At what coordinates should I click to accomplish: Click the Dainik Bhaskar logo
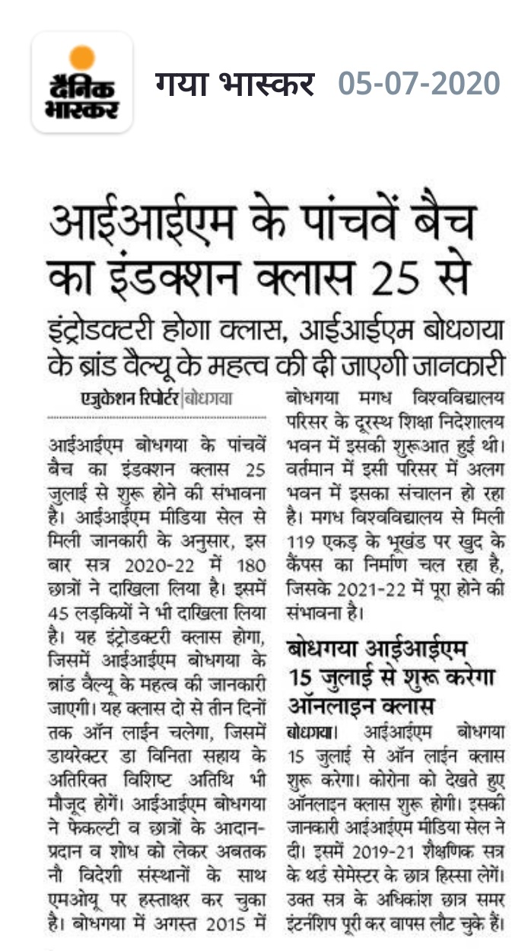coord(82,82)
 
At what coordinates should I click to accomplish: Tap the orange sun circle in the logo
coord(82,58)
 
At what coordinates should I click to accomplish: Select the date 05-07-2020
coord(419,83)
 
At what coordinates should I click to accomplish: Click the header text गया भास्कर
coord(235,83)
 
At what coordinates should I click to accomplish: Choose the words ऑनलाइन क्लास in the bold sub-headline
coord(360,700)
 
